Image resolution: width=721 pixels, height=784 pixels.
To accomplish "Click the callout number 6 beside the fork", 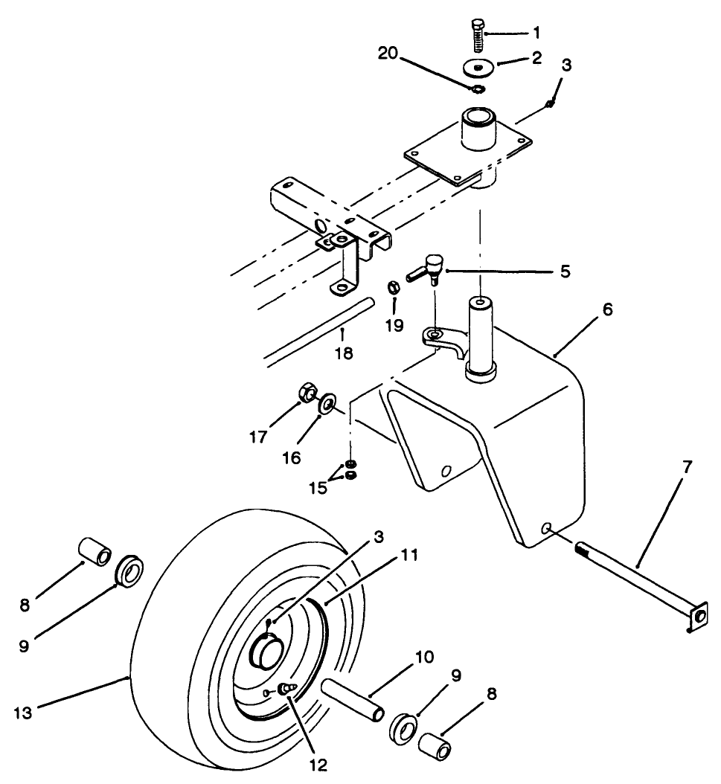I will [x=608, y=309].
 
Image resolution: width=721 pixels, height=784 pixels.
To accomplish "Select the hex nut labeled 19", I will [x=395, y=287].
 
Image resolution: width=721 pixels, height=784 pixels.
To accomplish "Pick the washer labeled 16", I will [x=327, y=406].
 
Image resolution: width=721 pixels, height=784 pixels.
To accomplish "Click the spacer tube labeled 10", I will [x=353, y=700].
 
